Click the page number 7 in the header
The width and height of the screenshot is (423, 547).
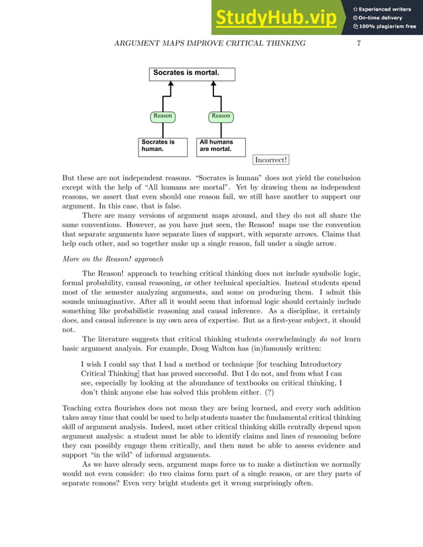click(x=358, y=44)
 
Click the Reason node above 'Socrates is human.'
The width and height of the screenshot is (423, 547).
click(x=162, y=116)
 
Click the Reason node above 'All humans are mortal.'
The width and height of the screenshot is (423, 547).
click(x=221, y=116)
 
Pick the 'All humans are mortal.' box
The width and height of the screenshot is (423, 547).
click(x=221, y=146)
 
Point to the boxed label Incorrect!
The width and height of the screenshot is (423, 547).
click(x=271, y=160)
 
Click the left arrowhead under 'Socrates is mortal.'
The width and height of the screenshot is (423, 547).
click(x=170, y=85)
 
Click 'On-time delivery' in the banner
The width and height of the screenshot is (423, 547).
click(x=382, y=18)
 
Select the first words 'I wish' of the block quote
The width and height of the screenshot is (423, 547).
click(x=90, y=364)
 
